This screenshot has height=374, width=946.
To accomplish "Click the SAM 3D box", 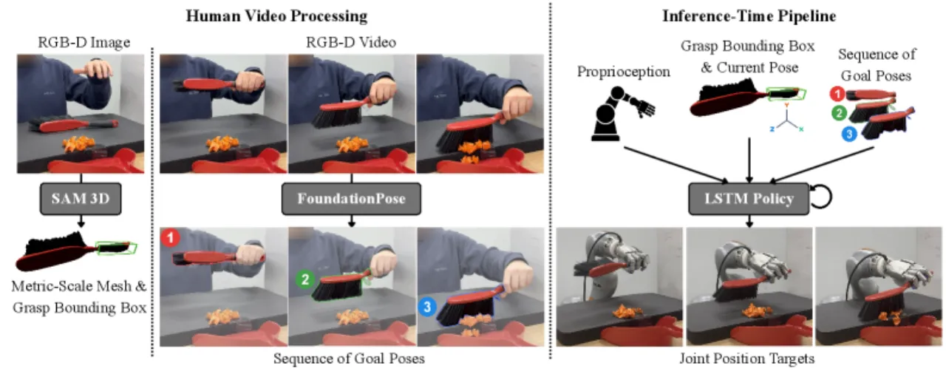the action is [x=81, y=198].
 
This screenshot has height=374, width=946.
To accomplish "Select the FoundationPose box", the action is [x=351, y=198].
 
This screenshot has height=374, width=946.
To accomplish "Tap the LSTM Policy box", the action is [x=749, y=198].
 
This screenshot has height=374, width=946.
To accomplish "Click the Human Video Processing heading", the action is [x=276, y=16].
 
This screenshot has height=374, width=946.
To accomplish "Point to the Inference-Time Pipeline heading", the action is [x=749, y=16].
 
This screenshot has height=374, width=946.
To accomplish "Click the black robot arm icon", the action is [x=622, y=113].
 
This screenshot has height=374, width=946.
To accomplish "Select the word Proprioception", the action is [x=623, y=72].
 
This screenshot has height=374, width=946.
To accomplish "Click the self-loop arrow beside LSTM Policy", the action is [x=822, y=197].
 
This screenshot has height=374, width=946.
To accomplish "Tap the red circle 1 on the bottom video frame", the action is [x=170, y=238].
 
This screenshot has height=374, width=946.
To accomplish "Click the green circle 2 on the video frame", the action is [x=305, y=279].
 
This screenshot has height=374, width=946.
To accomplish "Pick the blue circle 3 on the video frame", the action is [x=427, y=307].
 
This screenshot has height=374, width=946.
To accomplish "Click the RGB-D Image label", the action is [x=84, y=43].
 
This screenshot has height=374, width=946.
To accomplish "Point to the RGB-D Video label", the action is [x=351, y=43].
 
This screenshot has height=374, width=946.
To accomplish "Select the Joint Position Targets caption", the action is [x=746, y=358].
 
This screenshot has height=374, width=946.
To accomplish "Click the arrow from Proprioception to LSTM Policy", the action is [x=676, y=165].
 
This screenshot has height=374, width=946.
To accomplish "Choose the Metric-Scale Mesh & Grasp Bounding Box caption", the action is [x=79, y=296].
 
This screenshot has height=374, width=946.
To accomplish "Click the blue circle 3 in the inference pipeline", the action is [x=849, y=135].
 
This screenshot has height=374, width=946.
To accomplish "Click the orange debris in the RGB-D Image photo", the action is [x=78, y=143].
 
